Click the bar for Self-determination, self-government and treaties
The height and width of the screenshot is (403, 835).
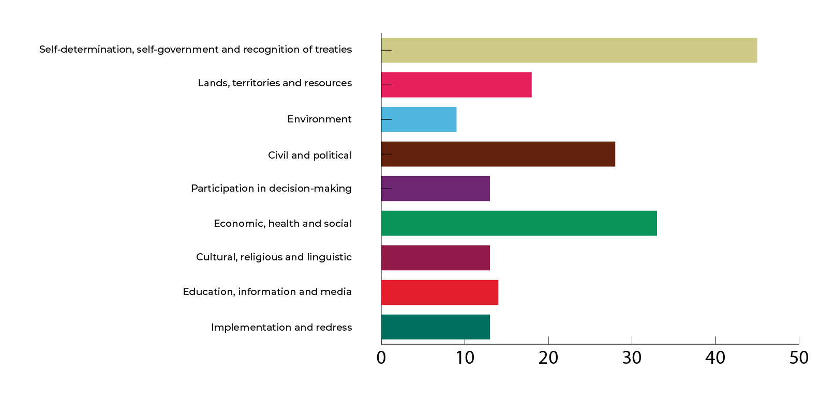pyautogui.click(x=569, y=50)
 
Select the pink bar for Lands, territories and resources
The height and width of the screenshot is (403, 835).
pyautogui.click(x=456, y=85)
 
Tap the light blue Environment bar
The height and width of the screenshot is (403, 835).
pyautogui.click(x=419, y=119)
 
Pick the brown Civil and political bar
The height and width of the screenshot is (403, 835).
pyautogui.click(x=498, y=154)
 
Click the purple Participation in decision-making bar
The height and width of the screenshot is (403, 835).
pyautogui.click(x=436, y=189)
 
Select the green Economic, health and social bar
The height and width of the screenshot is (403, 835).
pyautogui.click(x=519, y=223)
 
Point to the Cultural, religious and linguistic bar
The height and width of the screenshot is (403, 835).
pyautogui.click(x=436, y=258)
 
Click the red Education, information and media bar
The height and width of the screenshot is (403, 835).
pyautogui.click(x=440, y=292)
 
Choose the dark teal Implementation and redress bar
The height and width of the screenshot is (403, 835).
pyautogui.click(x=436, y=327)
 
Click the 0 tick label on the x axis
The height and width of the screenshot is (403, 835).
pyautogui.click(x=381, y=358)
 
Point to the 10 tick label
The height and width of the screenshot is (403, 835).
pyautogui.click(x=465, y=358)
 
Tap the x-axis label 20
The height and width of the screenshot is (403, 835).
pyautogui.click(x=548, y=358)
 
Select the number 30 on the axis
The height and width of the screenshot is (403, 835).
pyautogui.click(x=632, y=358)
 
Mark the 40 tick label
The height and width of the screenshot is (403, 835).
pyautogui.click(x=715, y=358)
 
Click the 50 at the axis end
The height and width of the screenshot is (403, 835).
pyautogui.click(x=799, y=358)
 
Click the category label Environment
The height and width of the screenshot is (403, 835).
pyautogui.click(x=319, y=119)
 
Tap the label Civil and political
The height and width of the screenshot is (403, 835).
pyautogui.click(x=309, y=156)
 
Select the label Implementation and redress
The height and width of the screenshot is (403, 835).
pyautogui.click(x=281, y=328)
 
